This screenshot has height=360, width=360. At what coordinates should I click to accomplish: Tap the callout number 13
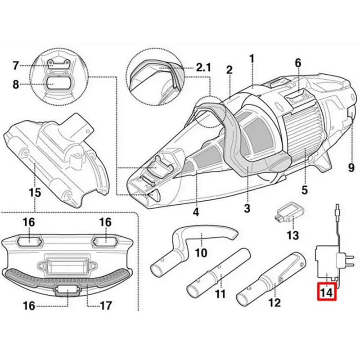click(x=292, y=235)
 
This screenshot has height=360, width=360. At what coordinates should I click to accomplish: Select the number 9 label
click(x=351, y=168)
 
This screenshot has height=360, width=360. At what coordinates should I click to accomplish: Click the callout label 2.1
click(x=203, y=68)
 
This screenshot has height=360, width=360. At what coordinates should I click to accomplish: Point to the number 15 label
click(x=35, y=193)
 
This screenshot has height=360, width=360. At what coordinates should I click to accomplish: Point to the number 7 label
click(x=16, y=66)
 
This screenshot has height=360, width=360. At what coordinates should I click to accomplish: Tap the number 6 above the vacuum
click(x=297, y=63)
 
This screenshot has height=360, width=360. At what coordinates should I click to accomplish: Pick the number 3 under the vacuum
click(x=247, y=208)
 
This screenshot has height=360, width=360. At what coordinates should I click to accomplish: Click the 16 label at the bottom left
click(x=29, y=306)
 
